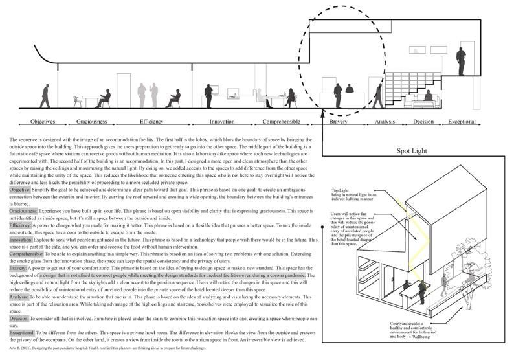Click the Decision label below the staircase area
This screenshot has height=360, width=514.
pyautogui.click(x=423, y=122)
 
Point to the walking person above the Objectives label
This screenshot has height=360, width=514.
pyautogui.click(x=45, y=96)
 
